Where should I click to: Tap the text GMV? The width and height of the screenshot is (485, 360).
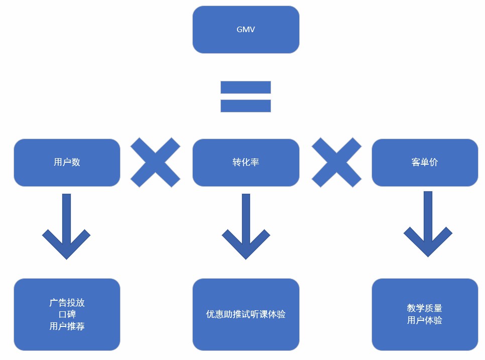[246, 29]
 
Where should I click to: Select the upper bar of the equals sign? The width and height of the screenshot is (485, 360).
[246, 87]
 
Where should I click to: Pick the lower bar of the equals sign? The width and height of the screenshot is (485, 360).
[246, 105]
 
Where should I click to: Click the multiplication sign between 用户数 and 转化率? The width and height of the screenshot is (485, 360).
[155, 162]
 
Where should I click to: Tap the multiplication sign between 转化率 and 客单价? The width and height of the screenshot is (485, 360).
[336, 162]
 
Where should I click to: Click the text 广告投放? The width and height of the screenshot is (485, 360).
[67, 303]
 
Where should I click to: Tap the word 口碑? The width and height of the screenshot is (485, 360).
[67, 314]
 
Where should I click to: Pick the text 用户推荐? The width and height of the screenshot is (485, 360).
[67, 326]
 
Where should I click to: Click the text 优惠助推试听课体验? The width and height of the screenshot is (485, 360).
[246, 314]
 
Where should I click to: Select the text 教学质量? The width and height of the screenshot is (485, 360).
[425, 308]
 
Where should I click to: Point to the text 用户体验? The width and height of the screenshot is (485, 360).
[425, 320]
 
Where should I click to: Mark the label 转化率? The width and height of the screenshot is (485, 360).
[246, 162]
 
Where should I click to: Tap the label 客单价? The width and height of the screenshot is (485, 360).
[425, 162]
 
